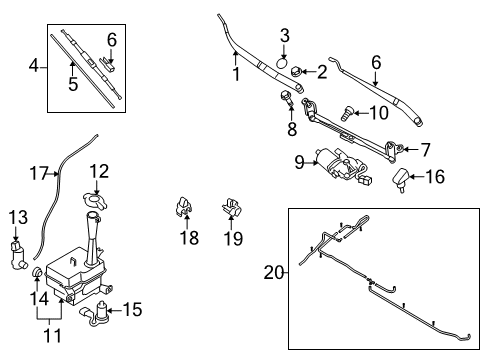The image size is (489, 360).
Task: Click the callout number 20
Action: [274, 273]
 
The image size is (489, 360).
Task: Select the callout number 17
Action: [39, 173]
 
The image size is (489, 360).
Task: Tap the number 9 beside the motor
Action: [299, 162]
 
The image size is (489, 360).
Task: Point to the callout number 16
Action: [435, 176]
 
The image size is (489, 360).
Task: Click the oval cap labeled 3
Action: [282, 62]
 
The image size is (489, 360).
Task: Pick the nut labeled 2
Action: [296, 72]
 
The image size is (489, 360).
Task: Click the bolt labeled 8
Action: [287, 98]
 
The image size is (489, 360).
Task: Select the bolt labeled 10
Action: [347, 113]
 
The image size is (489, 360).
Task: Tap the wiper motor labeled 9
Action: [343, 165]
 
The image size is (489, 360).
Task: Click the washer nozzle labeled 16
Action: [401, 179]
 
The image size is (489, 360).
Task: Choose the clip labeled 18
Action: [183, 206]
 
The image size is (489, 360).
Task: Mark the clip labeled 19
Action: [232, 207]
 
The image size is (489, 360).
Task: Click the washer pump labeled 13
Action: [18, 256]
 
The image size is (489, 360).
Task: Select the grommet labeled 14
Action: [37, 272]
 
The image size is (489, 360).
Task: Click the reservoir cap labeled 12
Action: [95, 200]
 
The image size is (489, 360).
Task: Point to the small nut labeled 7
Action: [401, 148]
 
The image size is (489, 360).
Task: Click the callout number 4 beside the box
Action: [34, 66]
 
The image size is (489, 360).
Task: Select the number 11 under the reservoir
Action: [53, 336]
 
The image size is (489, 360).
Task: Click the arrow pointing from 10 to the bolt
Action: [361, 113]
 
